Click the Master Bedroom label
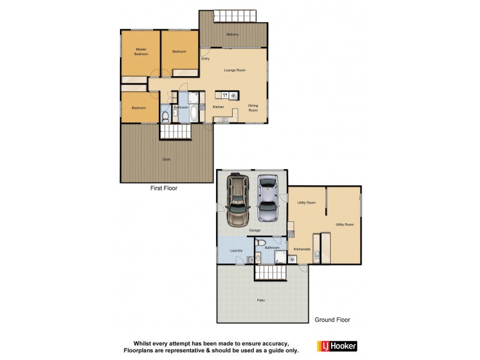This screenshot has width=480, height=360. click(x=141, y=52)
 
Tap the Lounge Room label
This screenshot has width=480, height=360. click(x=235, y=70)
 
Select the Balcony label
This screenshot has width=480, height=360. click(x=233, y=34)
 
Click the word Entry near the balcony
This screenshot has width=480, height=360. click(x=205, y=59)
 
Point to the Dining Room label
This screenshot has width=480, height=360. click(x=253, y=109)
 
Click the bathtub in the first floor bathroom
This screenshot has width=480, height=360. click(x=195, y=112)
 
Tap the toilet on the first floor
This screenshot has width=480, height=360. click(x=165, y=116)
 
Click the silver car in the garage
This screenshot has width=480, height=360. click(x=268, y=199)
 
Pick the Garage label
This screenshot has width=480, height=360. click(x=255, y=230)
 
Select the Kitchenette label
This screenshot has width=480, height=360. click(x=302, y=248)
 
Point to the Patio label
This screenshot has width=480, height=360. click(x=261, y=300)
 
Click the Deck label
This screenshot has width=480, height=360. click(x=166, y=159)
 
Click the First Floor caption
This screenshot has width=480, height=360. click(x=163, y=188)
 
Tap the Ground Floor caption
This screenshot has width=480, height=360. click(x=332, y=320)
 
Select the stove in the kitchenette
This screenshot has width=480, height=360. click(x=292, y=259)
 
